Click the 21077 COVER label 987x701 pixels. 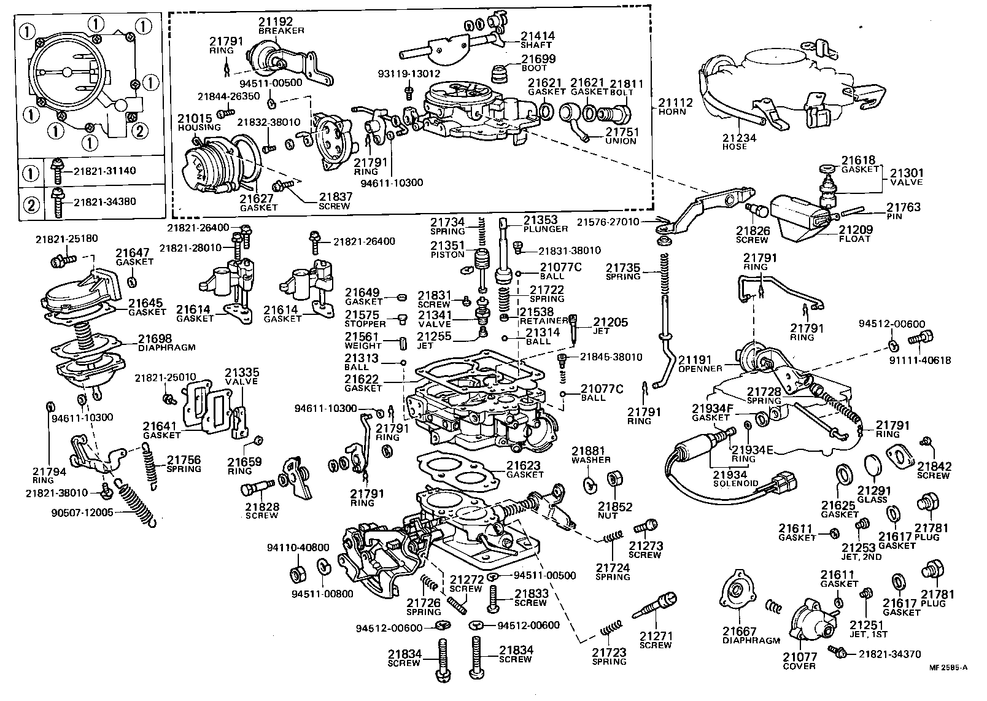799,662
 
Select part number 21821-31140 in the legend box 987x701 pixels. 105,171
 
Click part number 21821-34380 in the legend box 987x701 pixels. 105,201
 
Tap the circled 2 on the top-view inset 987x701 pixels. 140,130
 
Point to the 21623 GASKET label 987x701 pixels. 525,470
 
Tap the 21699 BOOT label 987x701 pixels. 538,63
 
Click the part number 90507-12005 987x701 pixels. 82,513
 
